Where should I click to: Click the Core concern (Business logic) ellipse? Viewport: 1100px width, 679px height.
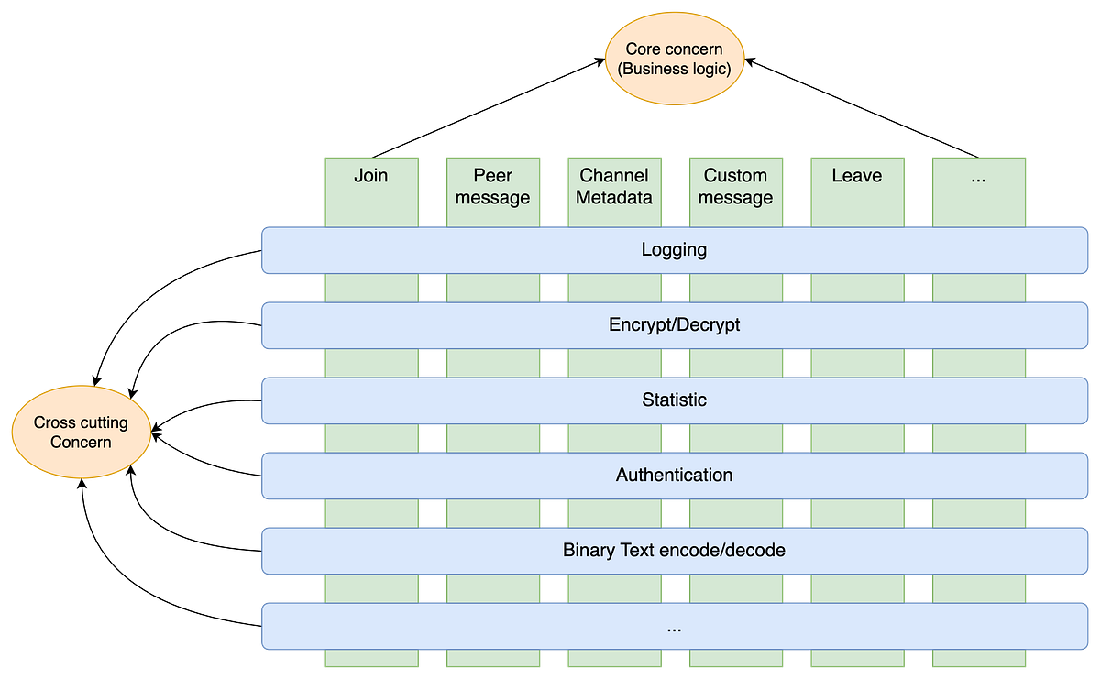(x=674, y=59)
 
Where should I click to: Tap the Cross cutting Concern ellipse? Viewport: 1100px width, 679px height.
(x=81, y=432)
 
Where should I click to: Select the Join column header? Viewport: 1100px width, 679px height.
(x=371, y=176)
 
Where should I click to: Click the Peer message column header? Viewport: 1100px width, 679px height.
(x=492, y=187)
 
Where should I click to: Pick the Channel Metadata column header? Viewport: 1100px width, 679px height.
(x=614, y=187)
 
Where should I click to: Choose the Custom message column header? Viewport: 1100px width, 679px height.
(x=735, y=187)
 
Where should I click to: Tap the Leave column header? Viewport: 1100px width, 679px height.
(x=856, y=176)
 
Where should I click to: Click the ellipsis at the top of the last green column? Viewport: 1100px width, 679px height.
(x=977, y=178)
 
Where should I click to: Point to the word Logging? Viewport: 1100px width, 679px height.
(x=674, y=250)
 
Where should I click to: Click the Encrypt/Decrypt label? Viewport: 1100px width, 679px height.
(x=674, y=325)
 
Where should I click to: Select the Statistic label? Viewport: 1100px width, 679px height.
(x=674, y=400)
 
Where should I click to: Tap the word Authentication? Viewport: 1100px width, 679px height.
(x=674, y=476)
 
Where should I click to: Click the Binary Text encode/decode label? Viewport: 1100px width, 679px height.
(x=674, y=551)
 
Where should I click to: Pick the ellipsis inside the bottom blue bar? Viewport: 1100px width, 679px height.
(x=674, y=629)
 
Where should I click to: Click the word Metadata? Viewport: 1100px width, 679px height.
(x=614, y=198)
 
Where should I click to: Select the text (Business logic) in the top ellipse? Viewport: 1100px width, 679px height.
(x=674, y=69)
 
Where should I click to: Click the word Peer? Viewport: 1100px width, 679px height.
(x=492, y=176)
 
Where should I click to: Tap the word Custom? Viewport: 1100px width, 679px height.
(x=735, y=176)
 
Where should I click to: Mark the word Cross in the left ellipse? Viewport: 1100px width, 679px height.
(x=54, y=422)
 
